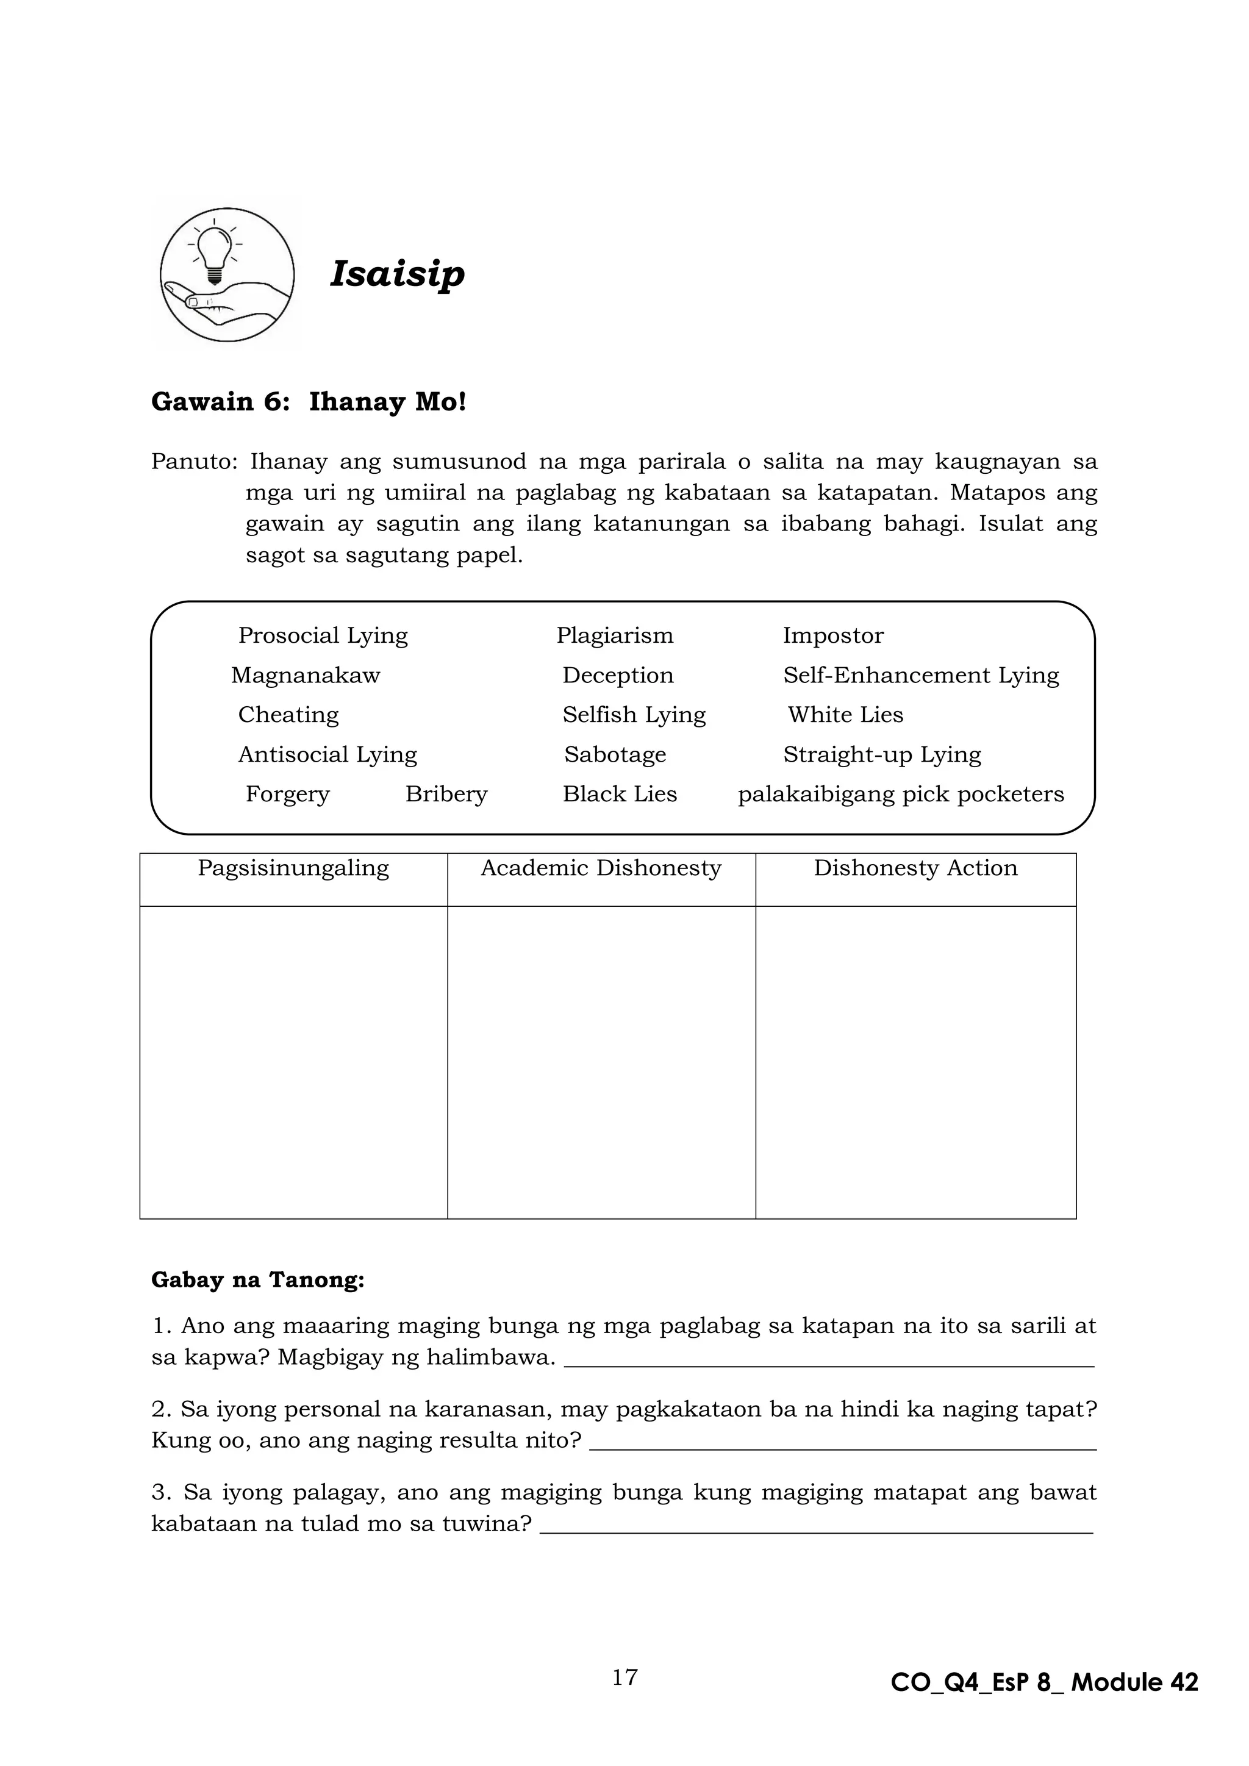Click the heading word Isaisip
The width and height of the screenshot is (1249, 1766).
click(397, 274)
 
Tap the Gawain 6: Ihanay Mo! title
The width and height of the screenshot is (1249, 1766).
click(309, 402)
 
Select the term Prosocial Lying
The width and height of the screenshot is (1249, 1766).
click(323, 635)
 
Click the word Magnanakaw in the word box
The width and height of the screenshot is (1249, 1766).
click(306, 675)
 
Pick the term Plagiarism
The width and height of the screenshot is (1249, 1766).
click(615, 635)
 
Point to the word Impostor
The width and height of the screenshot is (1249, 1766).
click(833, 635)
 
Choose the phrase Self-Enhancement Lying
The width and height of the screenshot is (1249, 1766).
click(921, 675)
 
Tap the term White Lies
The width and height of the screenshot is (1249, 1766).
click(845, 715)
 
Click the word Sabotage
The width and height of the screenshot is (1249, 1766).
click(615, 754)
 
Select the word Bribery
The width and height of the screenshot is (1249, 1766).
click(446, 794)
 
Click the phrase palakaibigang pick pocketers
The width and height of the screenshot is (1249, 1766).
click(901, 794)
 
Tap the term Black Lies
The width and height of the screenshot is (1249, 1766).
click(619, 794)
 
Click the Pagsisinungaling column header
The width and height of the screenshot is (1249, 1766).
click(293, 868)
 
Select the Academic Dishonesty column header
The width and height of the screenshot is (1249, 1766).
click(601, 868)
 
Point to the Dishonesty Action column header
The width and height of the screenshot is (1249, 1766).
click(915, 868)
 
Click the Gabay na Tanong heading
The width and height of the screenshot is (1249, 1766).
click(257, 1280)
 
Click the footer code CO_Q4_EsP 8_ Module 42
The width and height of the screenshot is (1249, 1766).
click(1043, 1682)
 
